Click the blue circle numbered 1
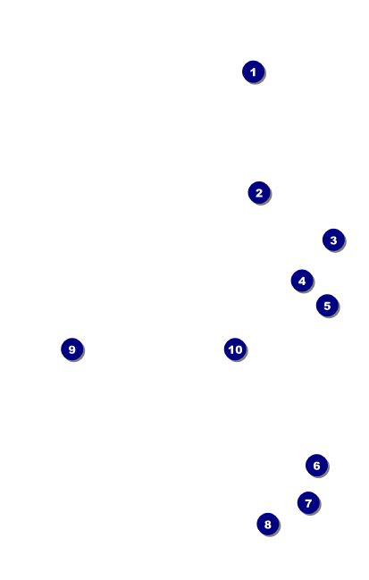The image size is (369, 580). click(253, 71)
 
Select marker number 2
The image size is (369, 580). click(259, 192)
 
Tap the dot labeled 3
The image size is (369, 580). click(333, 240)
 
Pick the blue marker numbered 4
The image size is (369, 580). click(302, 281)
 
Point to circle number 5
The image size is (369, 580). click(327, 306)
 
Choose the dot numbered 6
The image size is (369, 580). click(317, 466)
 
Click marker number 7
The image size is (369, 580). click(308, 502)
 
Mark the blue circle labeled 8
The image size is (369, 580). click(268, 524)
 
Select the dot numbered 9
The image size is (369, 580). click(72, 349)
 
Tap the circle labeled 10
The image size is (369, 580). click(235, 349)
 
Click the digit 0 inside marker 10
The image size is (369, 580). click(239, 349)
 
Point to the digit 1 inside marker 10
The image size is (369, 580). click(231, 349)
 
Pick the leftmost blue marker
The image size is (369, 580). click(72, 349)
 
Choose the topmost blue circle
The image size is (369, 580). click(253, 71)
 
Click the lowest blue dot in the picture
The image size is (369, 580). click(268, 524)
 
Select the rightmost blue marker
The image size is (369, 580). click(333, 240)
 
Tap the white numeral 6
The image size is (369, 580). click(317, 466)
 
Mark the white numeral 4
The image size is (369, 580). click(302, 282)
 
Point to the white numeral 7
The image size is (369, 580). click(308, 503)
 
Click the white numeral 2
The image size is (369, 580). click(259, 193)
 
